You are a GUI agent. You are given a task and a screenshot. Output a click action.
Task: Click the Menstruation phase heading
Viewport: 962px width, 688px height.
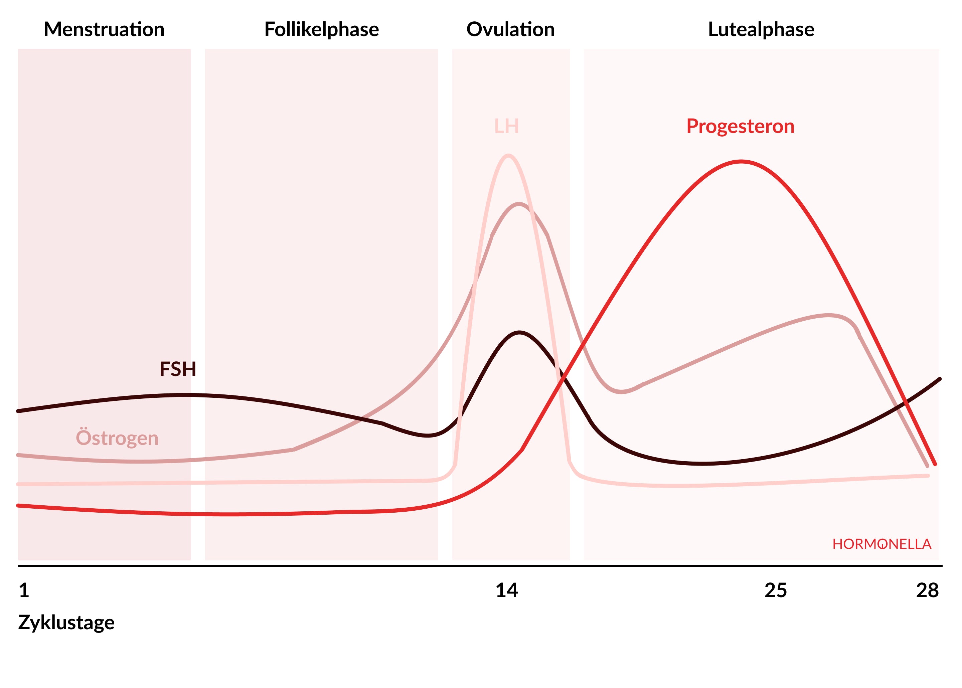coord(104,30)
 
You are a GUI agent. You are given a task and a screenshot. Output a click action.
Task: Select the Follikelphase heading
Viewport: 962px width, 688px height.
coord(322,30)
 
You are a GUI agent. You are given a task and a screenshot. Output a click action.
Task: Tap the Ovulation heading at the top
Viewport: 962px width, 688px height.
coord(510,30)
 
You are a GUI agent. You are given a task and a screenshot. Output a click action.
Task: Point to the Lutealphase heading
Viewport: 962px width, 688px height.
coord(761,30)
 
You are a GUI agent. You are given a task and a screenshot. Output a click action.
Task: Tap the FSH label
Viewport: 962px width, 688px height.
coord(178,369)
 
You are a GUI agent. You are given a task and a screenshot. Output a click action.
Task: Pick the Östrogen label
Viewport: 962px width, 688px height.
coord(117,438)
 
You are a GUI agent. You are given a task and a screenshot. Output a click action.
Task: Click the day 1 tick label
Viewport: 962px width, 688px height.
coord(24,590)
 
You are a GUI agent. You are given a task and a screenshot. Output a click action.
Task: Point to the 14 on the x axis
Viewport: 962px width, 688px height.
coord(507,590)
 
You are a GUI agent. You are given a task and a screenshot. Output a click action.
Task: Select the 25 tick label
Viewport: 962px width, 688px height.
coord(776,590)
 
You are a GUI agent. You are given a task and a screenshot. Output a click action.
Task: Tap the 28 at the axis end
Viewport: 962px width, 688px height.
coord(927,590)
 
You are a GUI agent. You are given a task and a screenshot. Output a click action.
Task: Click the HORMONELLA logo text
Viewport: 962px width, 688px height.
coord(882,544)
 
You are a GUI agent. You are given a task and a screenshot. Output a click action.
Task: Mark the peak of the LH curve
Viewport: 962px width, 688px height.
coord(508,156)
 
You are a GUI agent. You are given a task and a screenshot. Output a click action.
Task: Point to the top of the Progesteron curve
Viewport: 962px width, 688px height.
coord(741,161)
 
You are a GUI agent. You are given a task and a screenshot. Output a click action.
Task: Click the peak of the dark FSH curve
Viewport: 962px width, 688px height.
coord(519,333)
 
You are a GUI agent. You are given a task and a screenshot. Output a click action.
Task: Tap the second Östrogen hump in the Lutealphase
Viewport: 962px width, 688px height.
coord(828,315)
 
